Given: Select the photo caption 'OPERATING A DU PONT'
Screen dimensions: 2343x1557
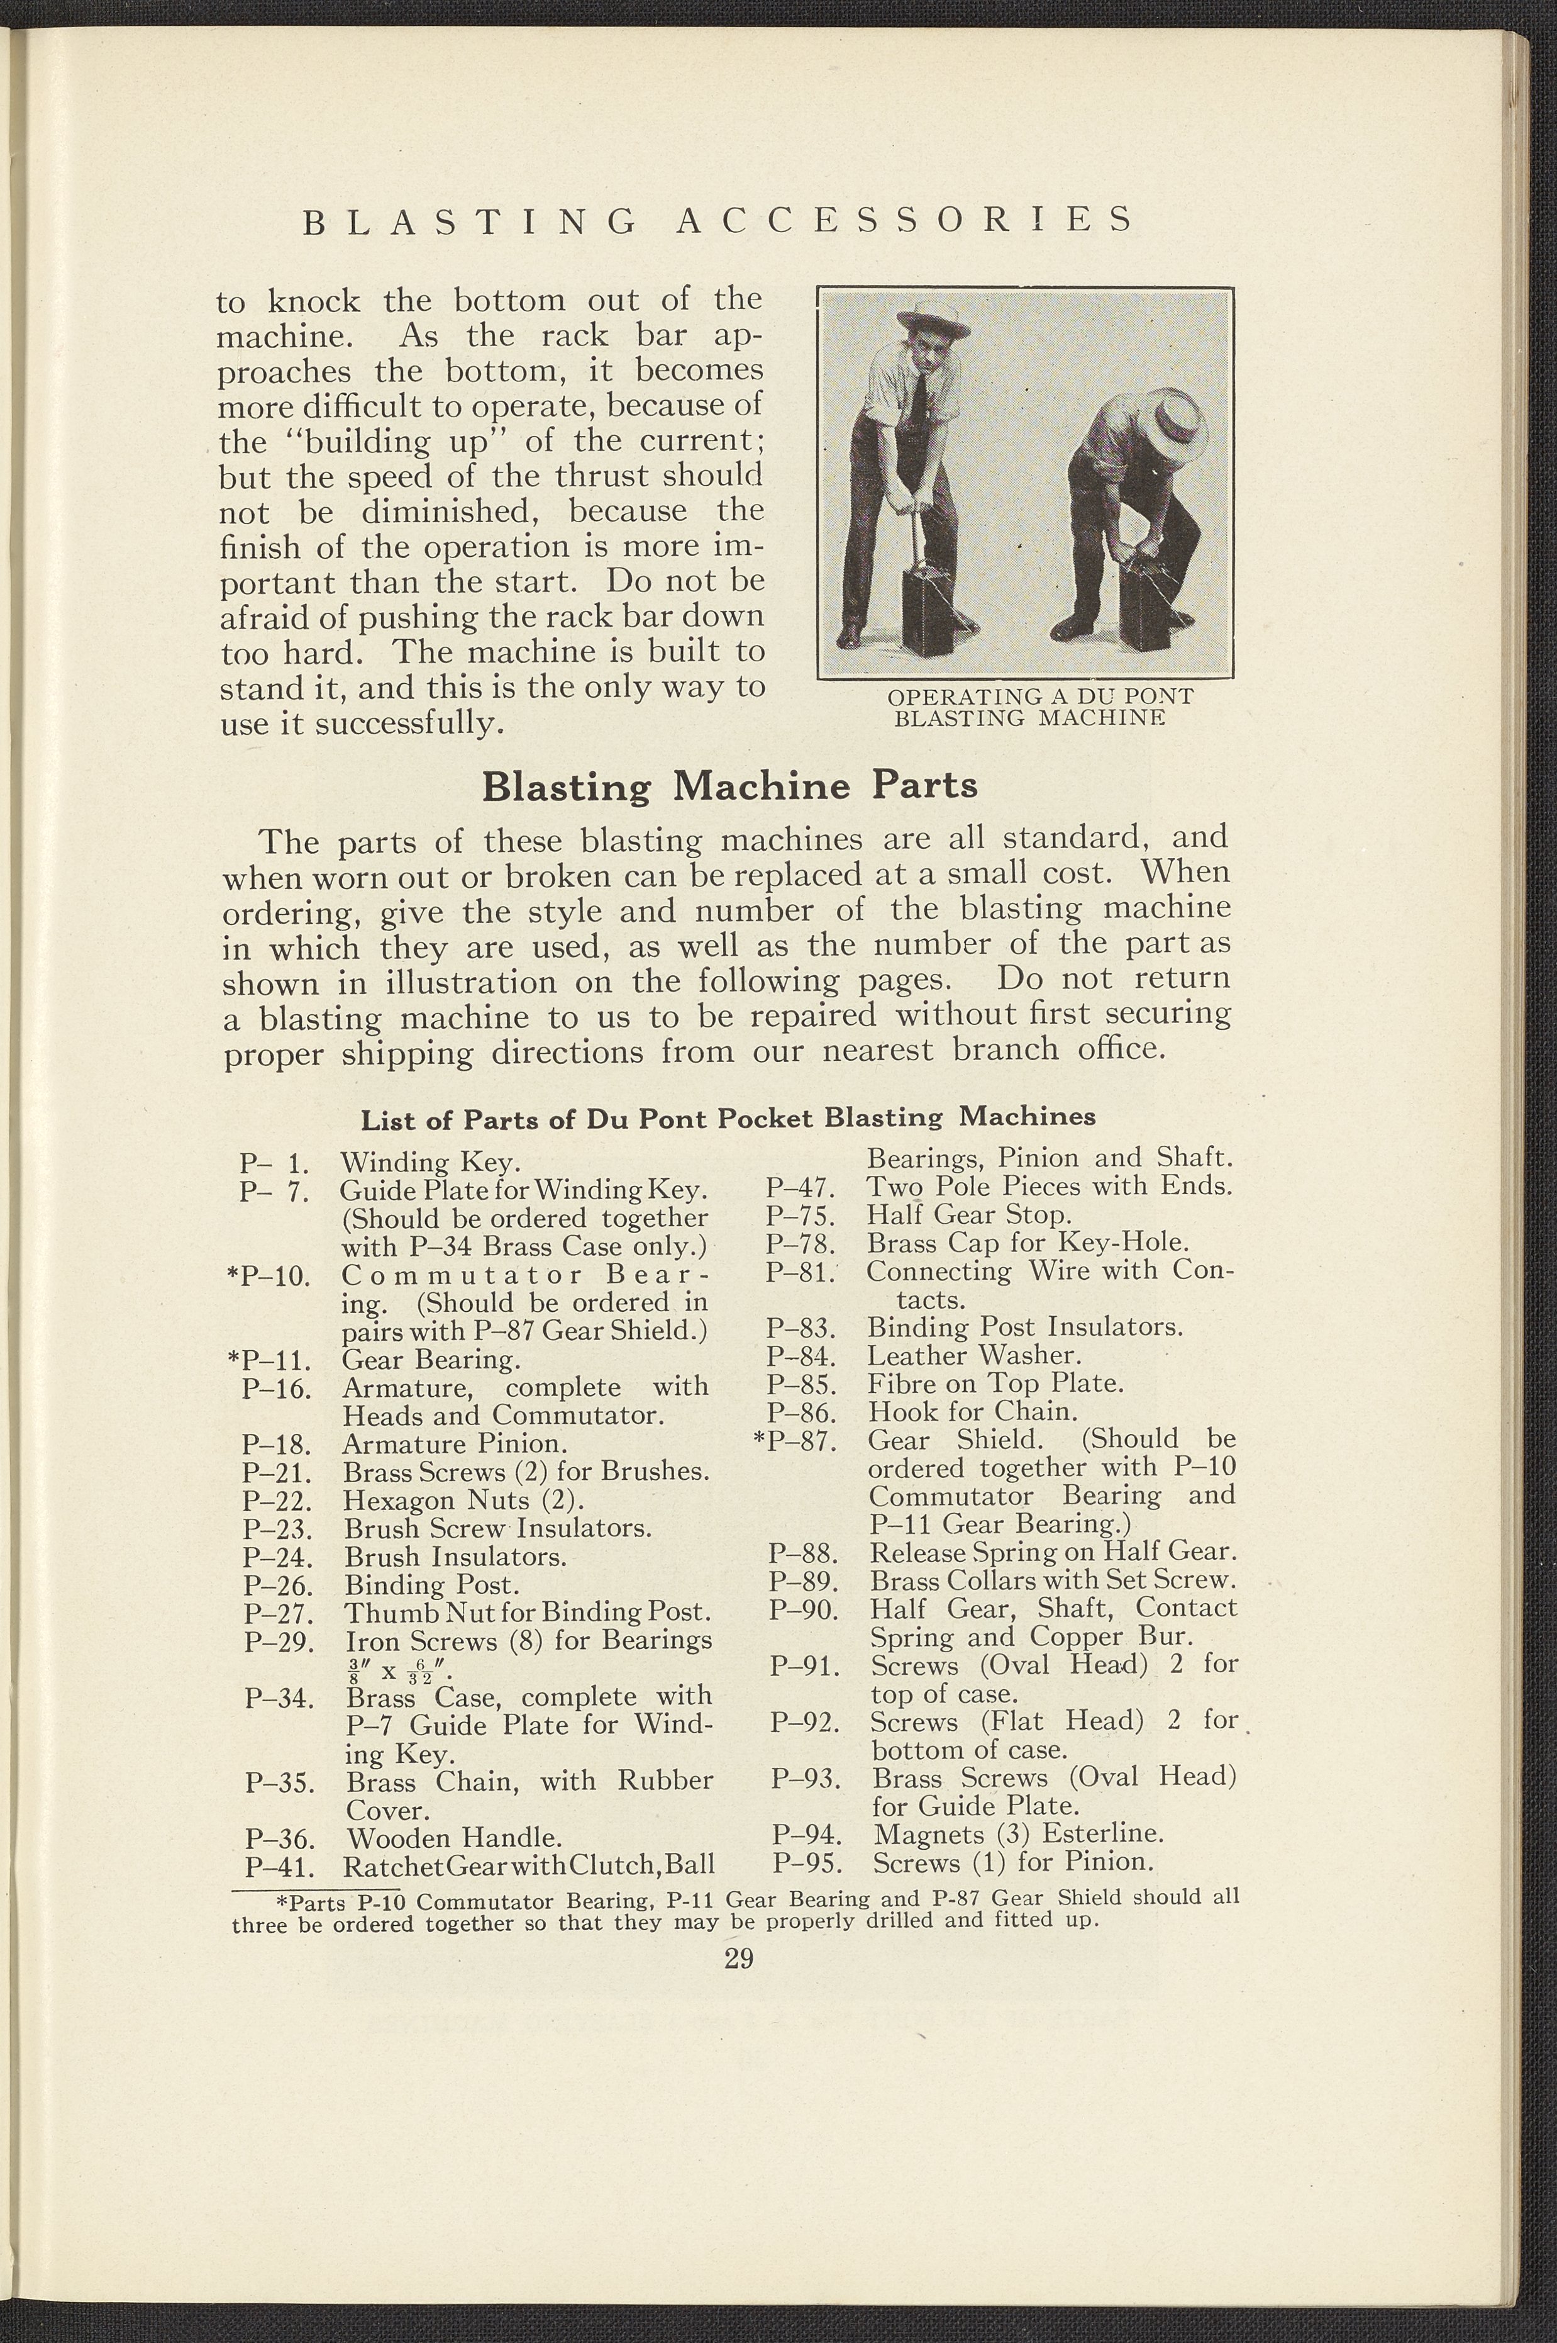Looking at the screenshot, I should [x=1039, y=696].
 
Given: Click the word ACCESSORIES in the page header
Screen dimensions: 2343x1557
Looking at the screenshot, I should [x=904, y=220].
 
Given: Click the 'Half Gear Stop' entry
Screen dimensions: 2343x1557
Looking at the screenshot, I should [x=969, y=1215].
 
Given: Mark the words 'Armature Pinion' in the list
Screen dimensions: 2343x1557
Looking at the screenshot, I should [x=455, y=1443].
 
